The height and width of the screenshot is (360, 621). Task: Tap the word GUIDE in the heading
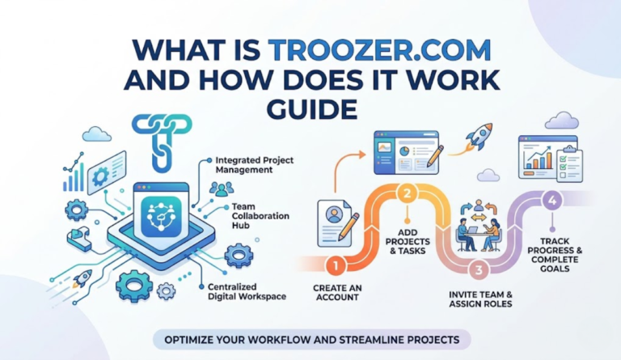(310, 108)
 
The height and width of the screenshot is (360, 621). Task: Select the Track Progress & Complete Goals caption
(556, 252)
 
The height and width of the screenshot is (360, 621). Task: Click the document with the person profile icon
(335, 222)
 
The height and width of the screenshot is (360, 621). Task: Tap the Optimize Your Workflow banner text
(311, 339)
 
